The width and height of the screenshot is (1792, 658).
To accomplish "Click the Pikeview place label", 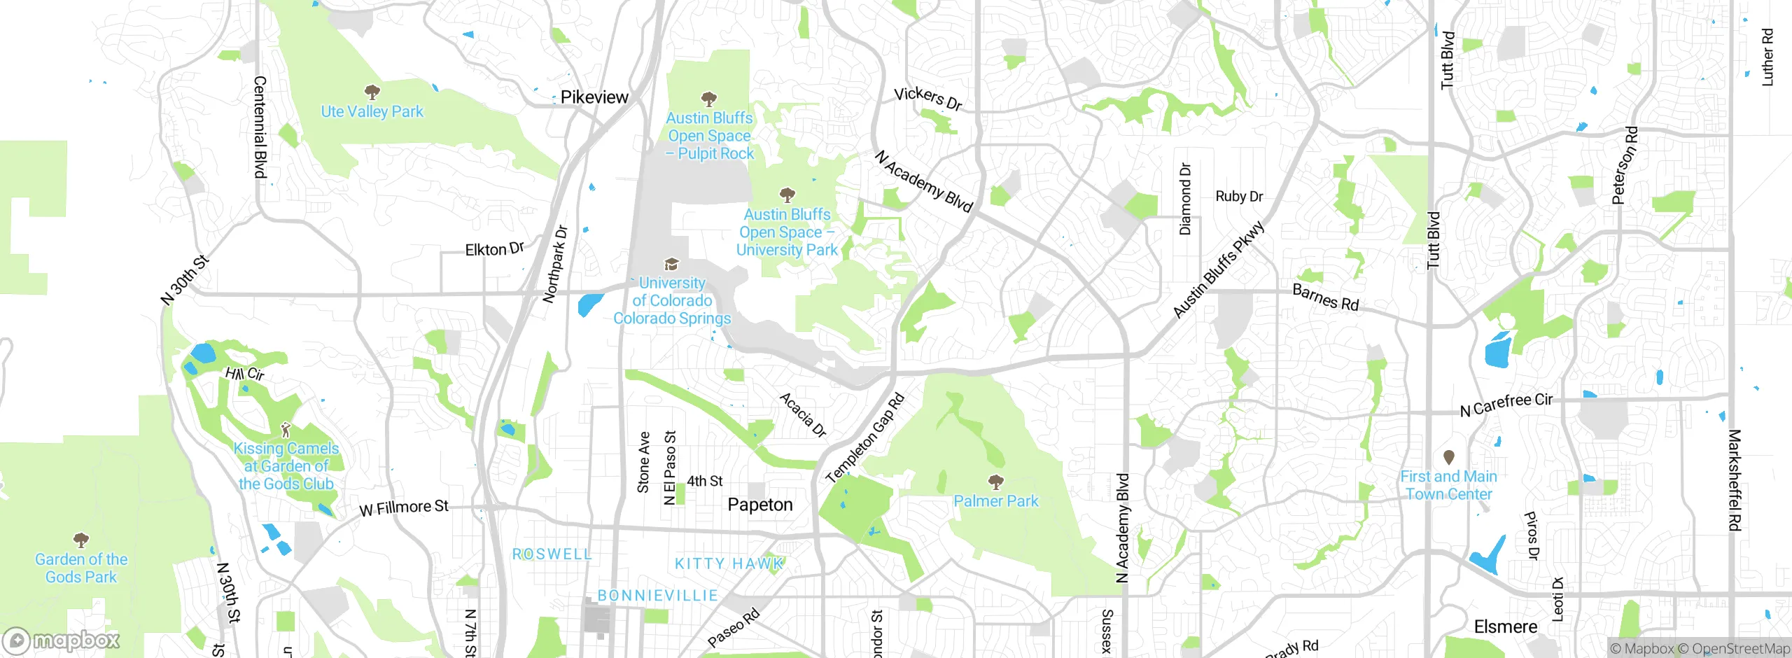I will [x=594, y=97].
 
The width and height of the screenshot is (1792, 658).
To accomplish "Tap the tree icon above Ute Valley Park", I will [x=372, y=91].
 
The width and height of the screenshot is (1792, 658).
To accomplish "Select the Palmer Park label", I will [x=996, y=501].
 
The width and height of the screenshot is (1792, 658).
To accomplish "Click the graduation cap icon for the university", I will [x=671, y=264].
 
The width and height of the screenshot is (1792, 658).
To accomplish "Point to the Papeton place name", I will [x=760, y=505].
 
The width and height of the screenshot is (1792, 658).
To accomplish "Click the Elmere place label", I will [x=1506, y=626].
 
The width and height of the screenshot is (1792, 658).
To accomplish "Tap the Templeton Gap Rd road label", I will [x=866, y=439].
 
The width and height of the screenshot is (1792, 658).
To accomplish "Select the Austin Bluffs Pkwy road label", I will [x=1219, y=269].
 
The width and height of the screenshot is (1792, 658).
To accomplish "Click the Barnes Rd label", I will [x=1325, y=297].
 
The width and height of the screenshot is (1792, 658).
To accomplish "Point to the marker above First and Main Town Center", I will [x=1449, y=457].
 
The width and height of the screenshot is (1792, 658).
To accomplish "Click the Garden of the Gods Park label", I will [x=81, y=568].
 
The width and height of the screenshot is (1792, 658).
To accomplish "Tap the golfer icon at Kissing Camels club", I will [x=285, y=429].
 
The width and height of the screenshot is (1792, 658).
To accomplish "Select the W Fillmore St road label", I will [x=404, y=507].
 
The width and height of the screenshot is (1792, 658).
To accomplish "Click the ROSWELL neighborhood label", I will [x=552, y=554].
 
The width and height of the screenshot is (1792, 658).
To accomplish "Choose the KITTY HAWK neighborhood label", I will [x=729, y=563].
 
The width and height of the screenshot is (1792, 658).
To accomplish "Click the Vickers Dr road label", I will [x=928, y=99].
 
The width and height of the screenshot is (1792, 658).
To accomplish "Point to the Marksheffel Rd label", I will [x=1735, y=480].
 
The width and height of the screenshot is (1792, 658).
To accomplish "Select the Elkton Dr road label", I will [x=494, y=248].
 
